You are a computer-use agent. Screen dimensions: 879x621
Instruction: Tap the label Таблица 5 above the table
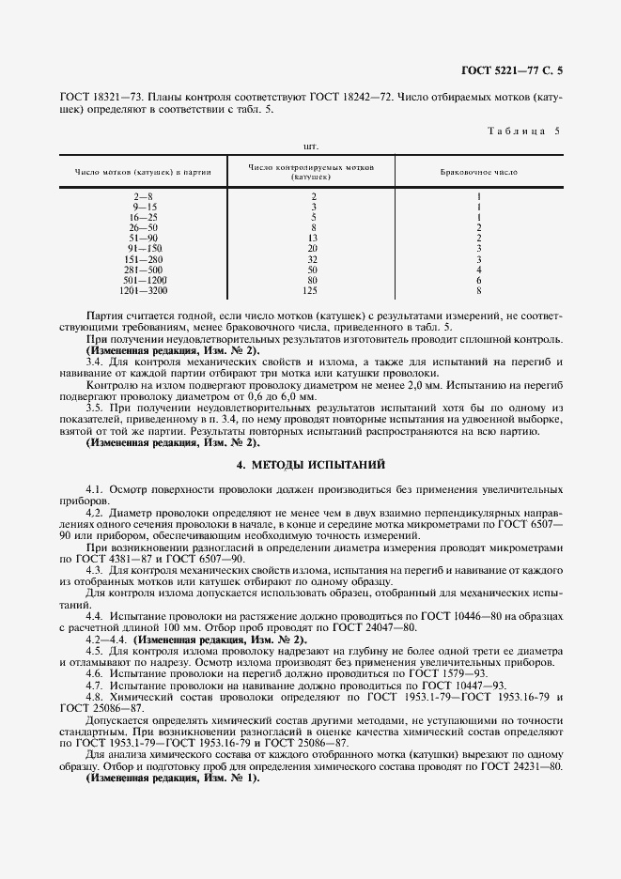(522, 131)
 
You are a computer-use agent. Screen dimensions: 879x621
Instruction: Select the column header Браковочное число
(478, 172)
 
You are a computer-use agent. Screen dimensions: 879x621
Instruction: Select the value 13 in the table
(314, 238)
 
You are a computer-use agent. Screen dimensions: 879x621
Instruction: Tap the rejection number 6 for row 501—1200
(478, 279)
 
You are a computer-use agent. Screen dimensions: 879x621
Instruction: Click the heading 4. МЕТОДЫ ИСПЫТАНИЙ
(310, 465)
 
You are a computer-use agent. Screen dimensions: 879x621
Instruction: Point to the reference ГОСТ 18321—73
(100, 97)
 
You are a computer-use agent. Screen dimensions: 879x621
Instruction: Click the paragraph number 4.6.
(94, 672)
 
